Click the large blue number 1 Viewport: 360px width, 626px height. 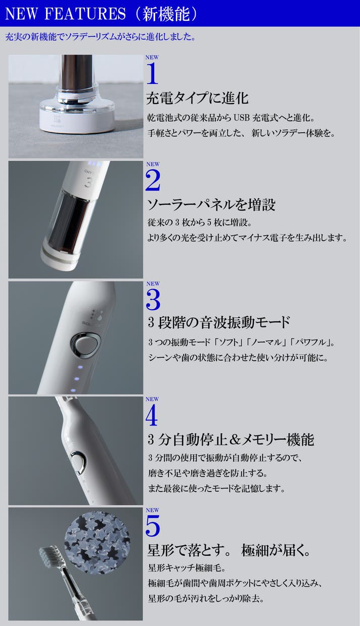coord(152,73)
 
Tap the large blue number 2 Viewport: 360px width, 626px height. coord(153,180)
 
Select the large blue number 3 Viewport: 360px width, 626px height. coord(153,300)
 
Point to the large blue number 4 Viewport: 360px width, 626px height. coord(152,416)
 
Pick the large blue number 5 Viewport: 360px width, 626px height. coord(153,525)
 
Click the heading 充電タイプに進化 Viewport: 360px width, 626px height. coord(197,98)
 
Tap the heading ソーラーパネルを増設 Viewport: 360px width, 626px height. coord(211,205)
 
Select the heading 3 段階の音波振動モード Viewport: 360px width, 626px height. coord(219,322)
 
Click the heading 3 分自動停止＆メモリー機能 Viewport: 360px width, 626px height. coord(231,440)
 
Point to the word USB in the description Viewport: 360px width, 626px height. coord(241,118)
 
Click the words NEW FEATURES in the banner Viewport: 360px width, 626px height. coord(65,14)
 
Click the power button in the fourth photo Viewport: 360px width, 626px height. coord(78,463)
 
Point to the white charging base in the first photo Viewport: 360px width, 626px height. coord(77,117)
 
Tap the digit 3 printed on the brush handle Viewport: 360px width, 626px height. coord(88,183)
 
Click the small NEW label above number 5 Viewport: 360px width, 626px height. coord(152,510)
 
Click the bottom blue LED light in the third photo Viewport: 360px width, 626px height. coord(73,390)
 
